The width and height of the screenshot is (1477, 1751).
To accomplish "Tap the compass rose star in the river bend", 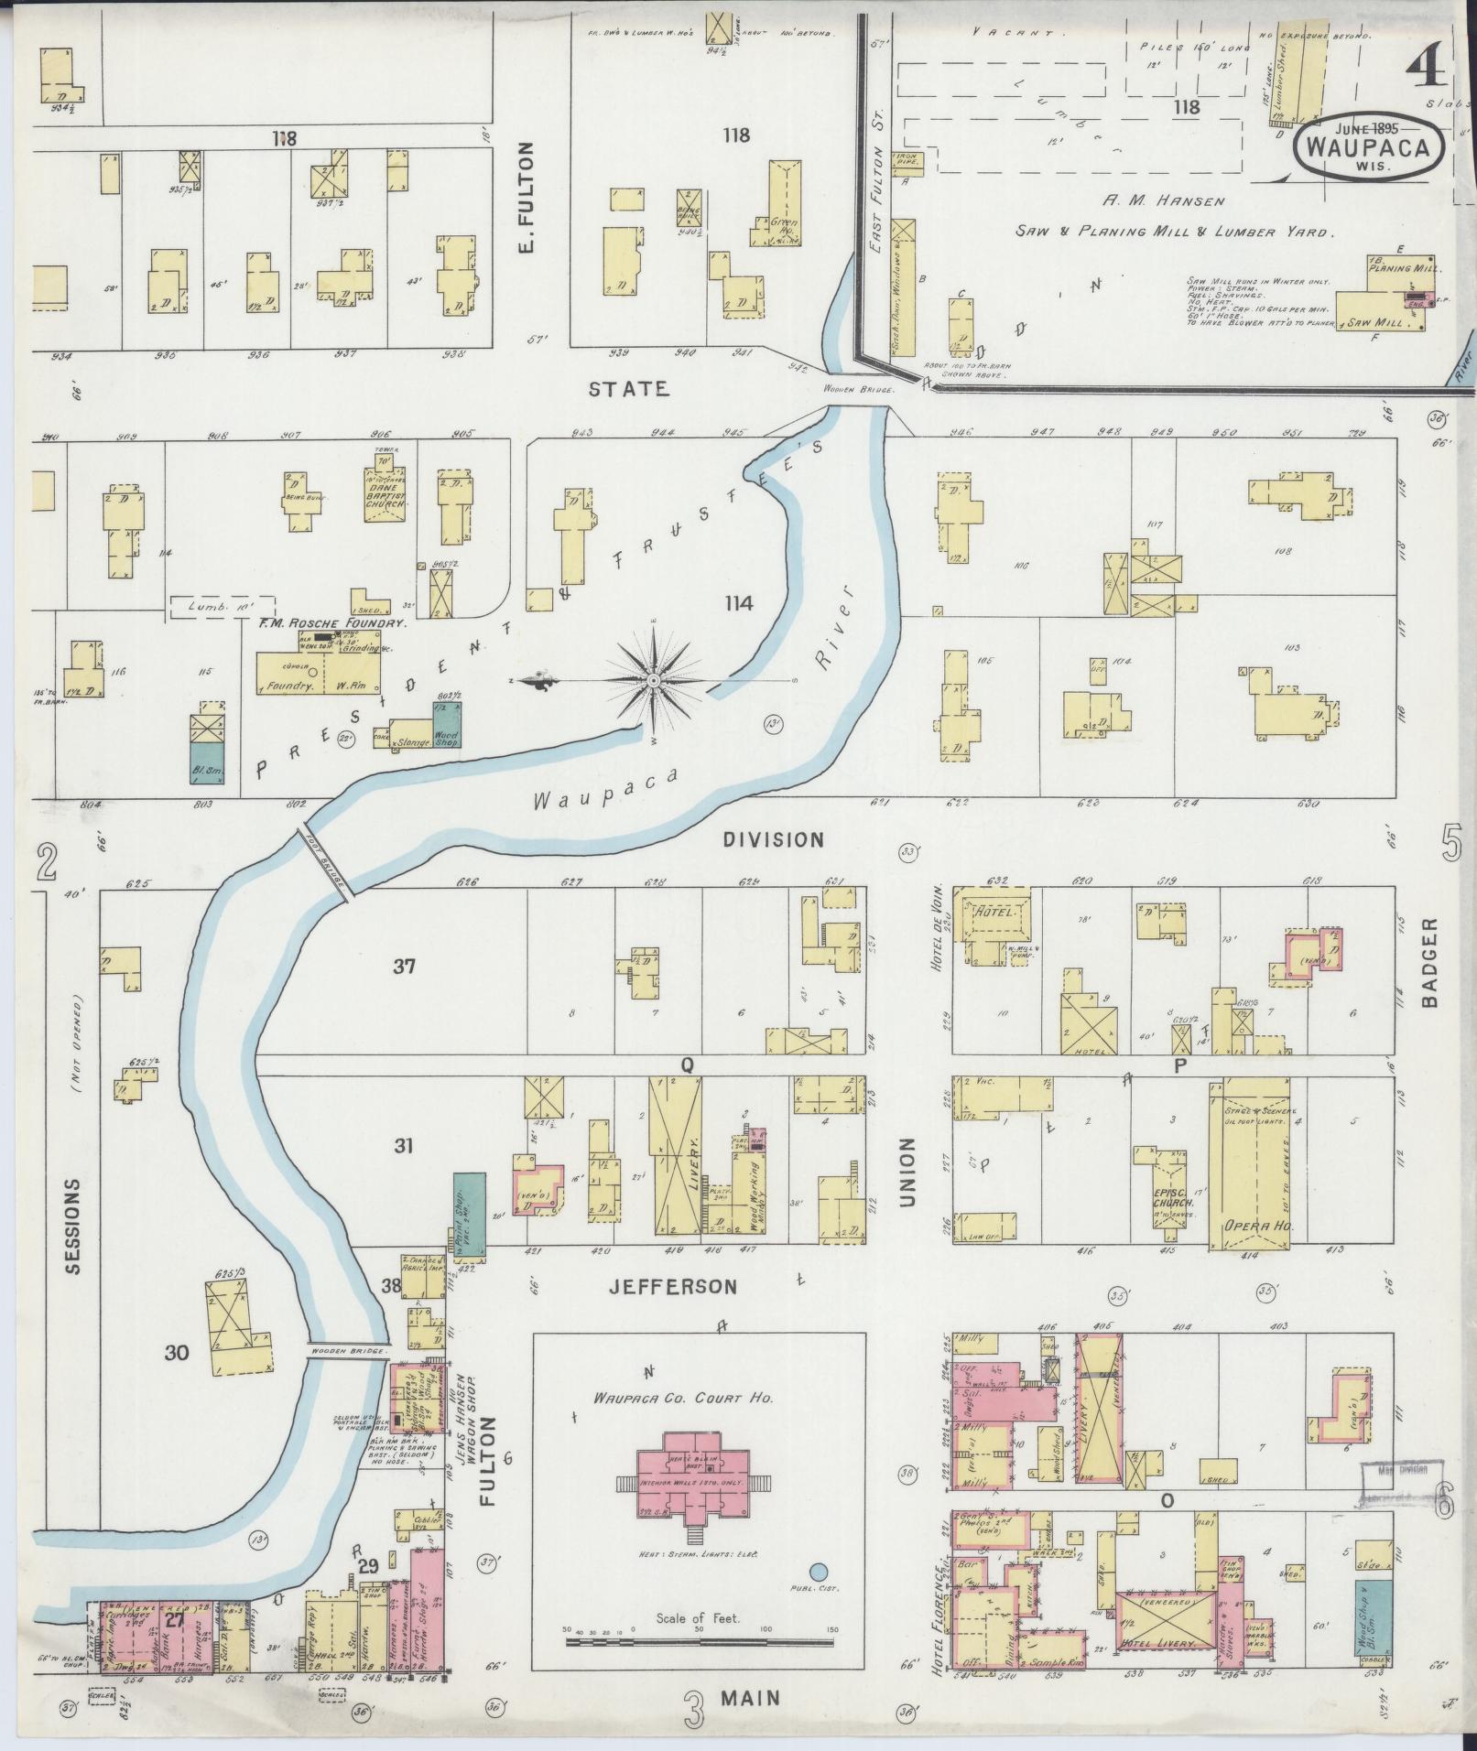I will click(653, 681).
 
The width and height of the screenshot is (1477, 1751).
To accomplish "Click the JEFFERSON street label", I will click(673, 1287).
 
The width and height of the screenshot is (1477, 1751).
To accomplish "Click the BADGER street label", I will click(1430, 963).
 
